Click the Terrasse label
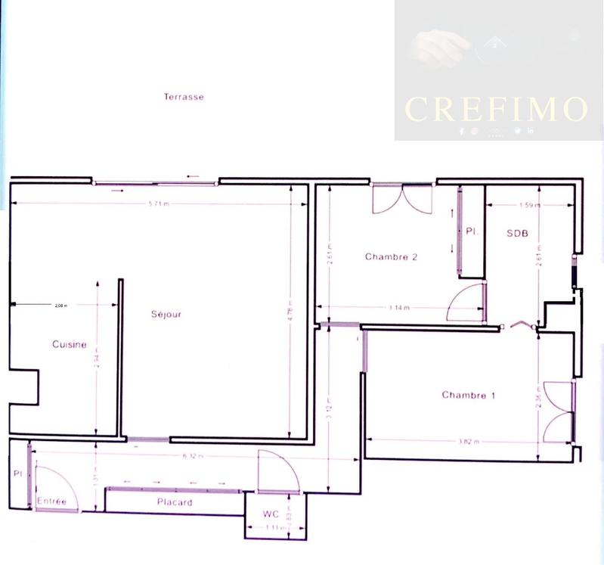pyautogui.click(x=184, y=97)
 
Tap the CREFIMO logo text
pyautogui.click(x=496, y=110)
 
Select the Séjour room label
pyautogui.click(x=166, y=314)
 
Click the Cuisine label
pyautogui.click(x=69, y=344)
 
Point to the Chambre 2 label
pyautogui.click(x=391, y=256)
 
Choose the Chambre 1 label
pyautogui.click(x=469, y=395)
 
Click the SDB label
pyautogui.click(x=517, y=233)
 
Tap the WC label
pyautogui.click(x=271, y=514)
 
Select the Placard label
pyautogui.click(x=175, y=502)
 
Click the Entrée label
pyautogui.click(x=51, y=502)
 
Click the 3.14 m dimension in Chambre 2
pyautogui.click(x=398, y=308)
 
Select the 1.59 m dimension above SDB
pyautogui.click(x=529, y=205)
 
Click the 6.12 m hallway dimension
pyautogui.click(x=194, y=456)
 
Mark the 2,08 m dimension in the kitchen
pyautogui.click(x=61, y=306)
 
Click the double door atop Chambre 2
pyautogui.click(x=402, y=198)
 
